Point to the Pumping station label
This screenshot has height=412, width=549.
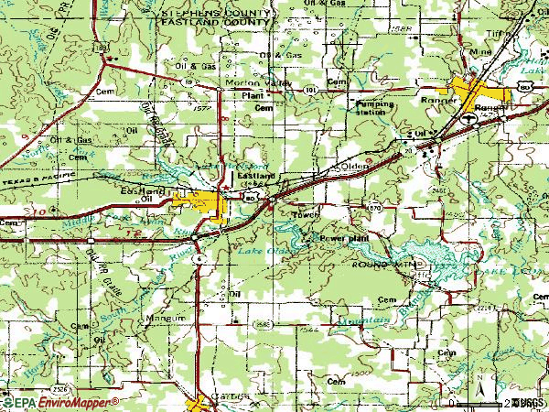pos(375,108)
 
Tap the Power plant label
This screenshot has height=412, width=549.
pos(343,238)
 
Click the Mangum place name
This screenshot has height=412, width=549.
pos(165,318)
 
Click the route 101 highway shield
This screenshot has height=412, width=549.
pos(311,90)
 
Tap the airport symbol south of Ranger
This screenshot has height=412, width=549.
pos(468,117)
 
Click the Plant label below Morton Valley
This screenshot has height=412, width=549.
pos(253,94)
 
